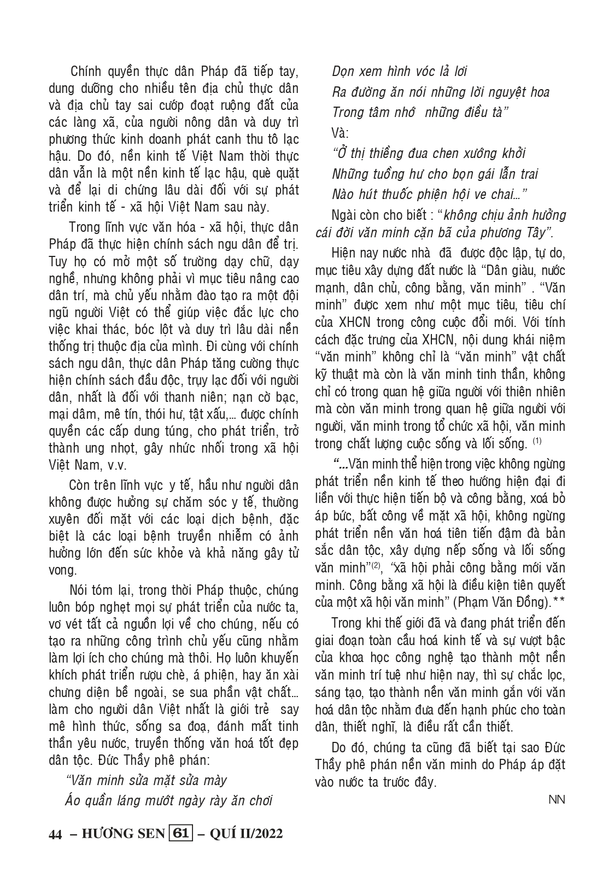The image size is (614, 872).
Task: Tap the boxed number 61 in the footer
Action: point(181,833)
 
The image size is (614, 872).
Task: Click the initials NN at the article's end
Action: point(557,800)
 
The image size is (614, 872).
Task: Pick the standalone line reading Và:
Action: point(340,133)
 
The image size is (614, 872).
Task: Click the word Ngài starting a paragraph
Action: point(343,215)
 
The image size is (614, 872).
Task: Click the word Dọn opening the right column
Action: point(344,72)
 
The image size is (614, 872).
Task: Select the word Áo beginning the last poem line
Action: point(73,801)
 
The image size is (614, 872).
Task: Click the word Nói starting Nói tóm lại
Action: point(81,591)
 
